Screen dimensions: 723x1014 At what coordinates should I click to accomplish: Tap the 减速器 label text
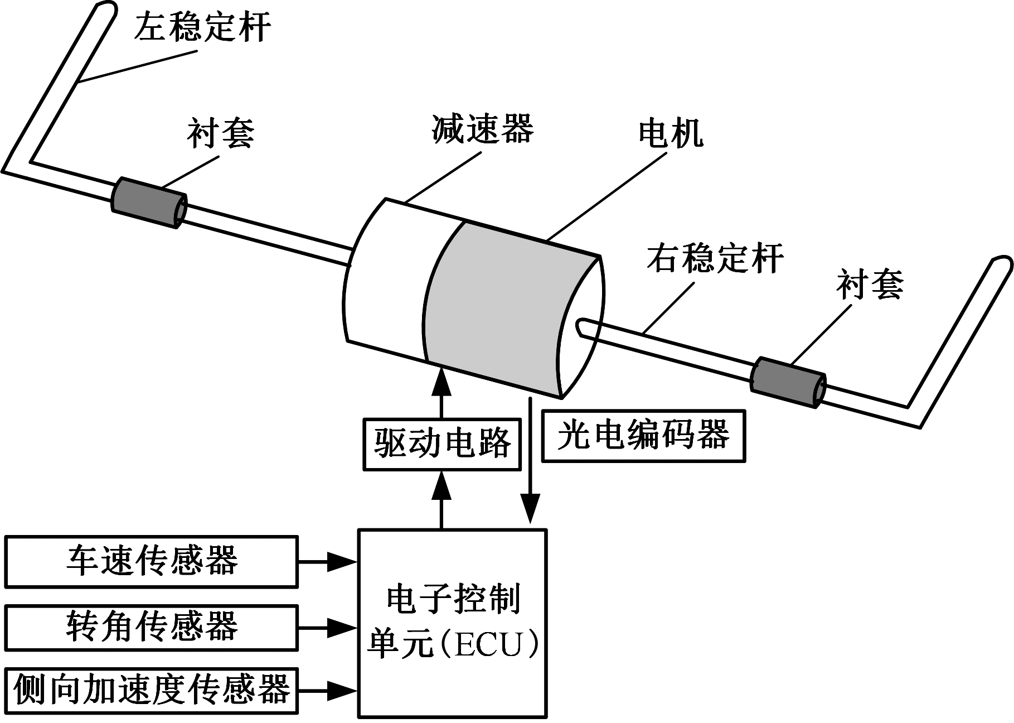pyautogui.click(x=483, y=129)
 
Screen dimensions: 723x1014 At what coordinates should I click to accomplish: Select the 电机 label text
pyautogui.click(x=671, y=134)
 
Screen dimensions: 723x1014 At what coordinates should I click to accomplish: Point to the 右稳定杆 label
pyautogui.click(x=715, y=258)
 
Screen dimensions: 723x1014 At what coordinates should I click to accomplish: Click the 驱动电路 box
pyautogui.click(x=442, y=444)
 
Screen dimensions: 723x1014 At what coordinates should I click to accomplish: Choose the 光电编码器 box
pyautogui.click(x=643, y=436)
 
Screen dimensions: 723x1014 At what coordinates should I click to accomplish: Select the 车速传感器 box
pyautogui.click(x=151, y=562)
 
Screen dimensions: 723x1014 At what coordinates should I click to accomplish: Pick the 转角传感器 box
pyautogui.click(x=151, y=628)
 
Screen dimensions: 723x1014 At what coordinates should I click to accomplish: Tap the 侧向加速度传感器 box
pyautogui.click(x=151, y=691)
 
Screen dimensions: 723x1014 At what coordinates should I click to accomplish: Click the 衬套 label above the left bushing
pyautogui.click(x=221, y=134)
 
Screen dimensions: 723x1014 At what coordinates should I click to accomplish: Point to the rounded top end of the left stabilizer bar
pyautogui.click(x=106, y=8)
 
